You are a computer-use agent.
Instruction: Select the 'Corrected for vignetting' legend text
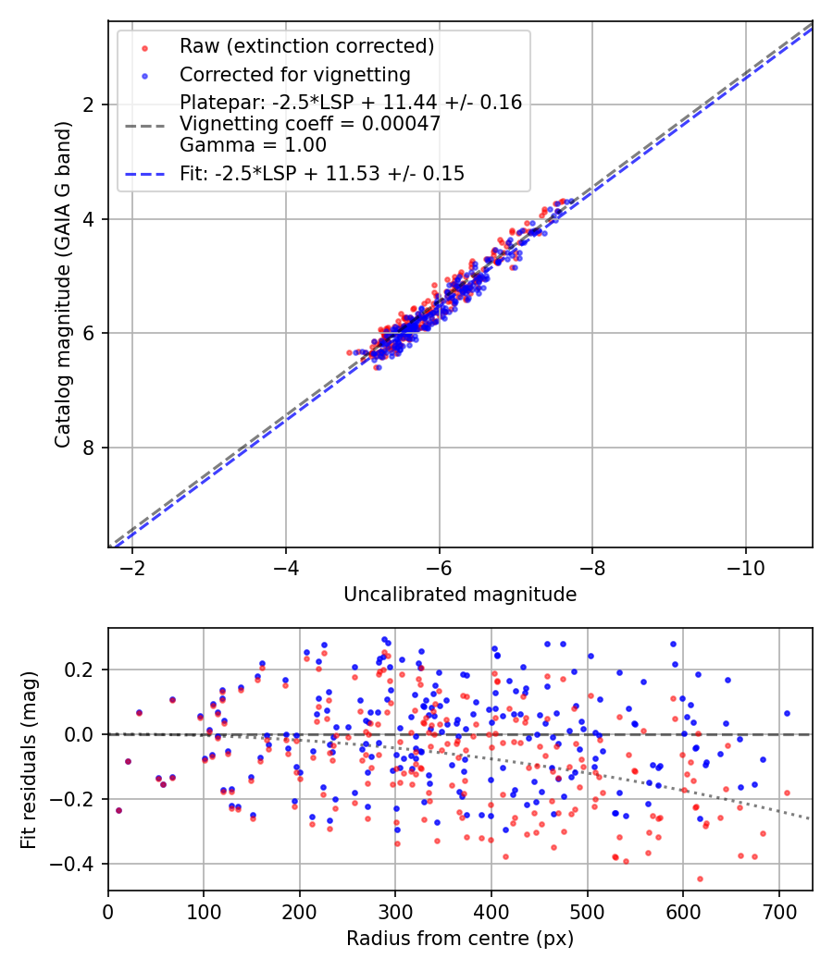click(x=295, y=74)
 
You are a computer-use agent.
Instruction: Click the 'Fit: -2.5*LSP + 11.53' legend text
click(x=322, y=173)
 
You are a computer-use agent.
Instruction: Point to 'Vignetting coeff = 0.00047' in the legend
click(x=310, y=124)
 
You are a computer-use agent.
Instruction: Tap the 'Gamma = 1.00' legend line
click(x=253, y=145)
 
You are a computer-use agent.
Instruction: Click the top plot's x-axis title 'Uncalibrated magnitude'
click(x=460, y=595)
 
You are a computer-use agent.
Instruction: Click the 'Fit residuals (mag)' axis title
click(x=31, y=759)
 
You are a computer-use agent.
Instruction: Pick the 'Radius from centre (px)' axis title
click(x=460, y=939)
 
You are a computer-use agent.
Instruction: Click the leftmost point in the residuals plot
click(x=118, y=810)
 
